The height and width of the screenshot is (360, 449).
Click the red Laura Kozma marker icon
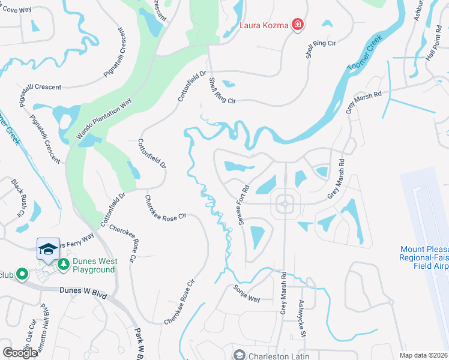[x=297, y=25]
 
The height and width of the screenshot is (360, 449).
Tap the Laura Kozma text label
[x=265, y=25]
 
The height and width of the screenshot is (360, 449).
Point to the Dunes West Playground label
[x=94, y=265]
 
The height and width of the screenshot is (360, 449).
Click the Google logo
[x=20, y=353]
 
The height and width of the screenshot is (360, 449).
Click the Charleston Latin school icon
[x=239, y=355]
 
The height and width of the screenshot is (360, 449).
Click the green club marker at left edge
[x=22, y=274]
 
